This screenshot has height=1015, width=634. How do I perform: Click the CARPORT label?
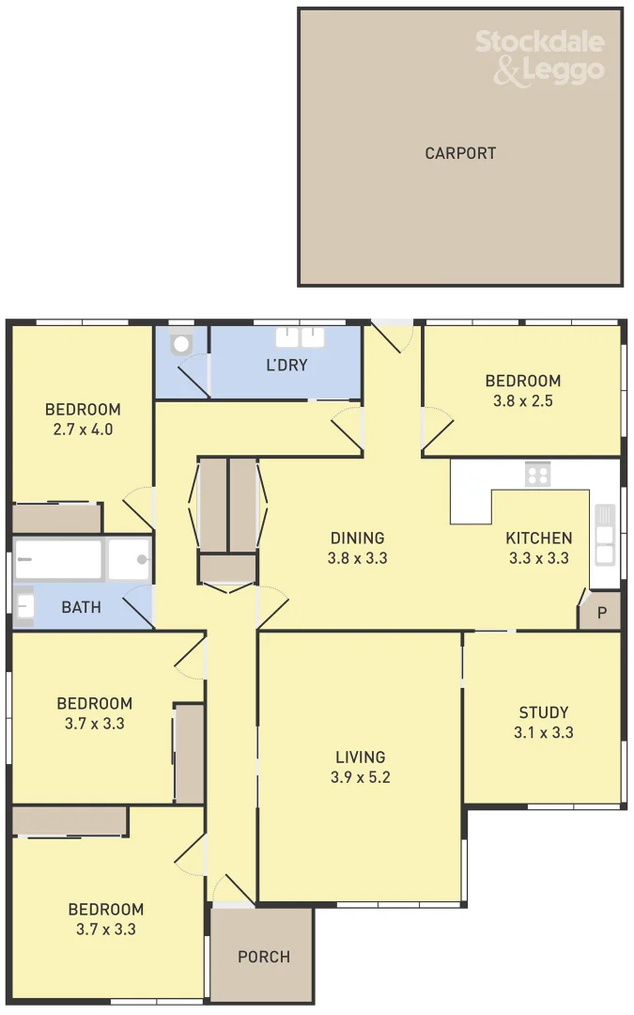pyautogui.click(x=460, y=153)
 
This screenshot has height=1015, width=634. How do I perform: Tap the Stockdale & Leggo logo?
pyautogui.click(x=539, y=56)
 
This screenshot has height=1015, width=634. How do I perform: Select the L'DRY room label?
pyautogui.click(x=286, y=365)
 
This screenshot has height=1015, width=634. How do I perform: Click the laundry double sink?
pyautogui.click(x=300, y=337)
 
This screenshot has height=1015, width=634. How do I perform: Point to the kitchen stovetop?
pyautogui.click(x=537, y=475)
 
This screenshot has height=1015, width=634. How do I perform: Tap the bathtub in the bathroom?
pyautogui.click(x=58, y=560)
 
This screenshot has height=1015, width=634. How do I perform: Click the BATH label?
pyautogui.click(x=81, y=607)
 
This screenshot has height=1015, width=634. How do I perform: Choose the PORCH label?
pyautogui.click(x=263, y=957)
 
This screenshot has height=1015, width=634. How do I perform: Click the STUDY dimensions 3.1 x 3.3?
pyautogui.click(x=544, y=733)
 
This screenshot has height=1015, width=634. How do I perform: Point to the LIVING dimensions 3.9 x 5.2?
pyautogui.click(x=361, y=777)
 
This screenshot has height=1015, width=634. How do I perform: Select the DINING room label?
pyautogui.click(x=357, y=538)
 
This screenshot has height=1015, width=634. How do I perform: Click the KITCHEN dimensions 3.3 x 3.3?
pyautogui.click(x=539, y=558)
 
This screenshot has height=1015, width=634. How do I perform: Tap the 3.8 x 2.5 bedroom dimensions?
pyautogui.click(x=522, y=401)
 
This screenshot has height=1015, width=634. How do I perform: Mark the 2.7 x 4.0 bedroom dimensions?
pyautogui.click(x=83, y=429)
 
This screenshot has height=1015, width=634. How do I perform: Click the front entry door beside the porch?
pyautogui.click(x=231, y=891)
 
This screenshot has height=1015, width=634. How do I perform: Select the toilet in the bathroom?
pyautogui.click(x=24, y=606)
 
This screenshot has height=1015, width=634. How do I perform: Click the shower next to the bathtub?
pyautogui.click(x=130, y=560)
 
